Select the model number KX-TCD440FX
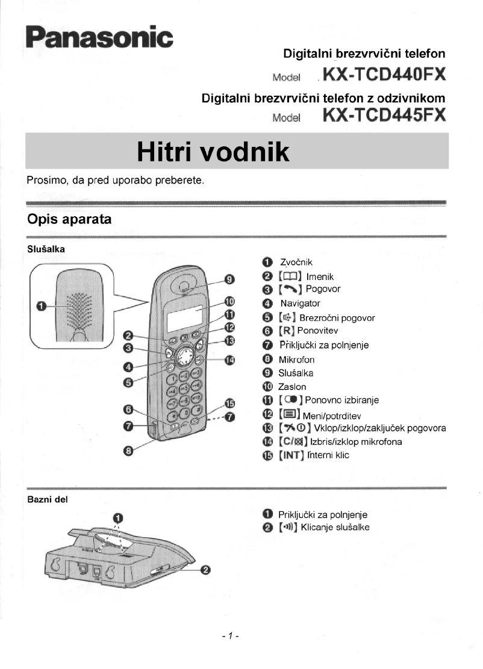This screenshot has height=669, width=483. coord(384,76)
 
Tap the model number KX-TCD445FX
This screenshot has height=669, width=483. coord(384,114)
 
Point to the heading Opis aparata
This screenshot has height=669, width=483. coord(69,219)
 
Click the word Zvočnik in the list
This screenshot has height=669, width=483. coord(296,262)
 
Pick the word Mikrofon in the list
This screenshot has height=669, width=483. coord(296,359)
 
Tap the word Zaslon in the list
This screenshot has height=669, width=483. coord(292,387)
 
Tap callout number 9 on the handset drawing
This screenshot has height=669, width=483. coord(229,279)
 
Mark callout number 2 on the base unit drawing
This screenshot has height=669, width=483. coord(205,570)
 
